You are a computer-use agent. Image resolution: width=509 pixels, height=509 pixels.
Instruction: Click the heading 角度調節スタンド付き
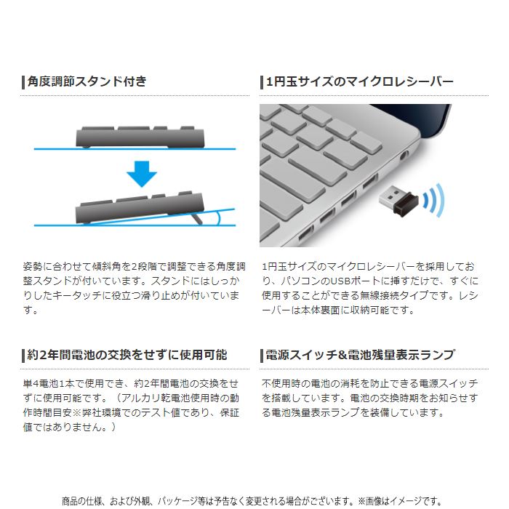click(87, 81)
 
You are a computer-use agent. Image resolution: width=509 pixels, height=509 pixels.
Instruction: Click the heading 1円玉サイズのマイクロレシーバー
click(360, 81)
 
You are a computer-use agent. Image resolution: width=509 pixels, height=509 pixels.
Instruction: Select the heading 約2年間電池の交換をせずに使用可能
click(127, 355)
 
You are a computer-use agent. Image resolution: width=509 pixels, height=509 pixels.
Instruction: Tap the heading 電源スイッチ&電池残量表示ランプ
click(360, 355)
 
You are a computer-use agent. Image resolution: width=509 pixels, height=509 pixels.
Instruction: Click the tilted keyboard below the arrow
click(138, 208)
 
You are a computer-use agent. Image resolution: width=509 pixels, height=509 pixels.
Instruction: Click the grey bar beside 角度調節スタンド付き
click(23, 81)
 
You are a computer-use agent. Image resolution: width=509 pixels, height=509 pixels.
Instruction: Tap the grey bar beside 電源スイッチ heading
click(262, 355)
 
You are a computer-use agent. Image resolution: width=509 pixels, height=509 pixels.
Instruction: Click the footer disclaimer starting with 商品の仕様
click(251, 500)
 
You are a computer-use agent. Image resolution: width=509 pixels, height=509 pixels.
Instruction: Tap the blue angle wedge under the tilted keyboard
click(218, 216)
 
